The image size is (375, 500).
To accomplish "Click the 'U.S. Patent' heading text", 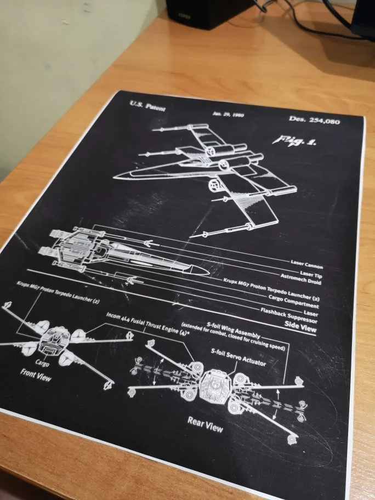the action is [x=147, y=105].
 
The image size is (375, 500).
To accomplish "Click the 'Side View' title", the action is [x=300, y=328].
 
